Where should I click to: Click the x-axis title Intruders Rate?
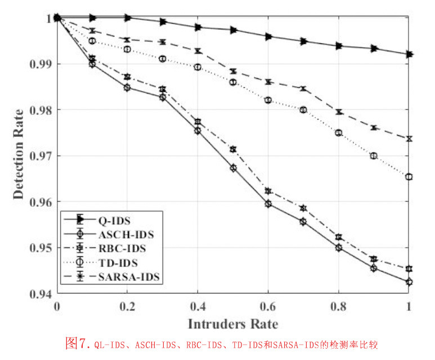tap(232, 324)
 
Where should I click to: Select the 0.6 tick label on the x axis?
tap(268, 306)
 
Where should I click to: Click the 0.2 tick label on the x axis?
tap(127, 306)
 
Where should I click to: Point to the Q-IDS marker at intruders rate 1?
tap(409, 54)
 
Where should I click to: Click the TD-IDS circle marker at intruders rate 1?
tap(409, 177)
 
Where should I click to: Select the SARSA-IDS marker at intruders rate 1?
tap(409, 139)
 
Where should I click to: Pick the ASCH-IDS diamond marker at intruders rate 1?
tap(409, 282)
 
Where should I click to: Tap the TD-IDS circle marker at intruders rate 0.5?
tap(233, 82)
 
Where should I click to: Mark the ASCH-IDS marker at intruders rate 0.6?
tap(268, 204)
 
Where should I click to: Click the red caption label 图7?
tap(78, 343)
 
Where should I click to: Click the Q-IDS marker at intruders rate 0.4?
tap(198, 27)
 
